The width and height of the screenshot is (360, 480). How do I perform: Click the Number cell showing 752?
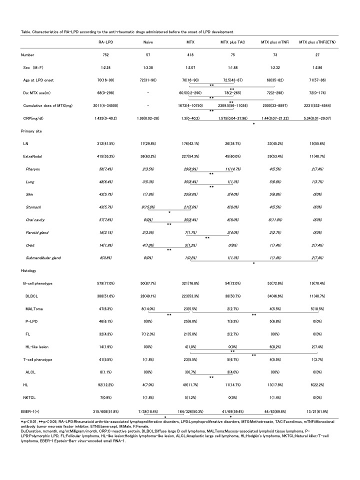(105, 54)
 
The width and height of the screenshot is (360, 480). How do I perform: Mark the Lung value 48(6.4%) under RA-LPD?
(105, 184)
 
